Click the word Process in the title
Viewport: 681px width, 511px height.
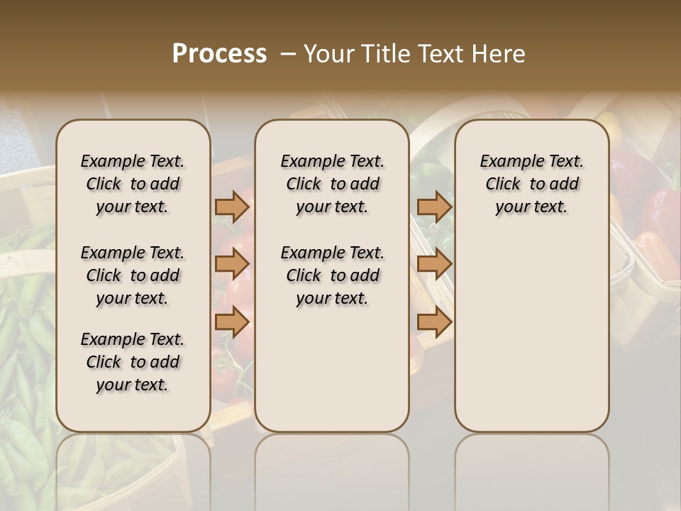point(219,54)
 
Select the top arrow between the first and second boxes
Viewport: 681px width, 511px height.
point(232,207)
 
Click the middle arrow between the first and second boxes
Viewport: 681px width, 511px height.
point(232,264)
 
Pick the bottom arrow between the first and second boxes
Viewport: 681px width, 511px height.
point(232,322)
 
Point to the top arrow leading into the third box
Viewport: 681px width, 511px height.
point(434,207)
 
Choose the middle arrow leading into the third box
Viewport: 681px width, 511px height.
point(434,264)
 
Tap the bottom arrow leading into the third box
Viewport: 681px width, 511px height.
point(434,322)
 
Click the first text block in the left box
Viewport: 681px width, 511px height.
point(133,184)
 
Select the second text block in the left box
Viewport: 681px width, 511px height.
point(133,275)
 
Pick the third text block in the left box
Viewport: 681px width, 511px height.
point(133,362)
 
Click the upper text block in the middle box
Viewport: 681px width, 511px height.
point(332,184)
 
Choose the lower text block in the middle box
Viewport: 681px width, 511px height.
point(332,275)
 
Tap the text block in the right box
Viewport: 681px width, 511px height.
point(532,184)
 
